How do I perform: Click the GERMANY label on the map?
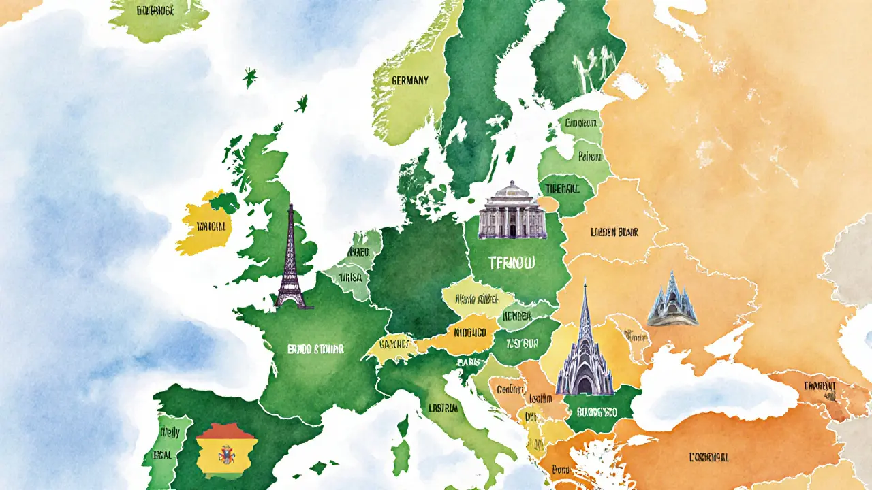tap(410, 80)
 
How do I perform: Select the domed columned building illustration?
tap(512, 211)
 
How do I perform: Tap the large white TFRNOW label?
tap(512, 262)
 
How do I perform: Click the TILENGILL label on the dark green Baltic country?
tap(565, 186)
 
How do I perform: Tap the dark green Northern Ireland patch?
tap(225, 201)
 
